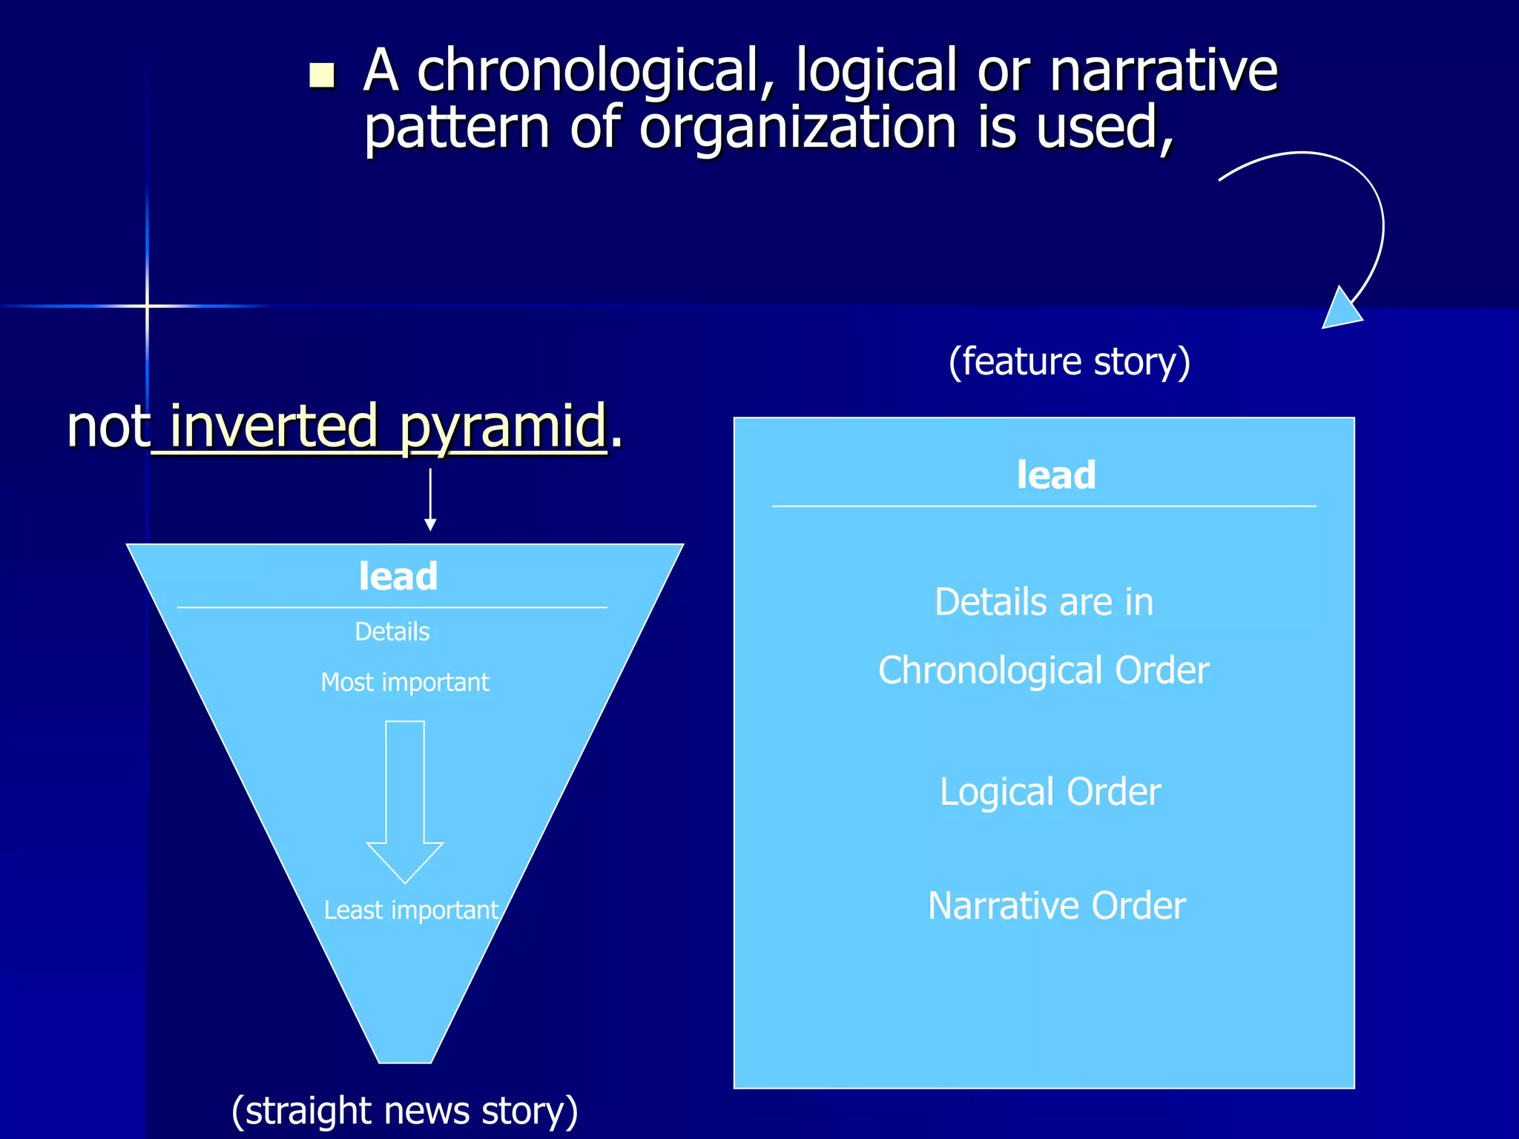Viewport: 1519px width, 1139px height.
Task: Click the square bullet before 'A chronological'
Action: coord(322,75)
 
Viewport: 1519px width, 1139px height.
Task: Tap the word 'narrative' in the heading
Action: coord(1164,71)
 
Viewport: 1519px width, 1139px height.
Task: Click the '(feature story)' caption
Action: coord(1070,362)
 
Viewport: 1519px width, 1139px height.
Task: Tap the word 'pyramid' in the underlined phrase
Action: coord(504,427)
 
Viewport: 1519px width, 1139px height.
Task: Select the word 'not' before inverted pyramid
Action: coord(108,427)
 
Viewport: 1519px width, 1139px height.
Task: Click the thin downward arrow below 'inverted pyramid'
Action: coord(430,500)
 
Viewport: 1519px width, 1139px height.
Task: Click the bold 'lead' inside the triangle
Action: coord(398,576)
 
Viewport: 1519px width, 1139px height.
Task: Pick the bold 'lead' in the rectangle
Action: coord(1056,475)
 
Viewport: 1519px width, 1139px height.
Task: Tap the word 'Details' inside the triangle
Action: coord(392,632)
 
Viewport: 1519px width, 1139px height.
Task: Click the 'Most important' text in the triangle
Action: coord(405,682)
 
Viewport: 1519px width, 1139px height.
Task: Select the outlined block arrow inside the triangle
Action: coord(405,801)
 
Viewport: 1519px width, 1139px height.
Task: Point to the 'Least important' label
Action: coord(411,910)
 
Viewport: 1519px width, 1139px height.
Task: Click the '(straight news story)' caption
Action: coord(405,1111)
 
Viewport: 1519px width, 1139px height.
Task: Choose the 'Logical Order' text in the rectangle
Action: coord(1050,792)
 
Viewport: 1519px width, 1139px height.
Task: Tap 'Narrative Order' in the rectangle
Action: coord(1057,906)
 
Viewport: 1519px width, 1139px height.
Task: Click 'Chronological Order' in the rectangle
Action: coord(1044,670)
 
